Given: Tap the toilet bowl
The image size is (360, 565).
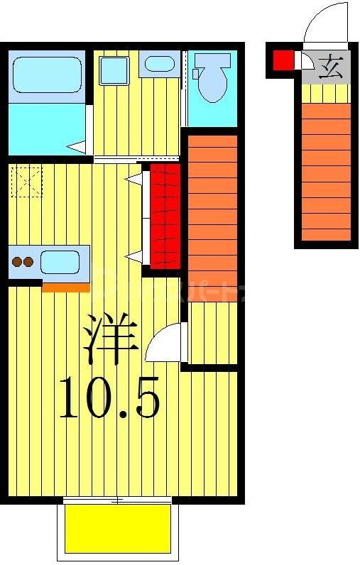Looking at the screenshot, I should (212, 83).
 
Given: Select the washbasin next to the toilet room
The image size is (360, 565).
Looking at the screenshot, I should (157, 65).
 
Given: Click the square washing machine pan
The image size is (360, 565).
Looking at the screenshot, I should (112, 70).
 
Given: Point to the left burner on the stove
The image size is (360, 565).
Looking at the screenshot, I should (16, 262).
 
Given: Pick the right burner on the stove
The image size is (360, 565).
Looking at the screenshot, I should (28, 262).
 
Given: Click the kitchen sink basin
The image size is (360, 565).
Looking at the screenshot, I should (59, 262).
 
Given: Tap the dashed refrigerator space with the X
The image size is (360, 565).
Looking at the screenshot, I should (28, 182).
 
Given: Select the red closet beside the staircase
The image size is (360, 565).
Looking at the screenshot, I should (165, 216).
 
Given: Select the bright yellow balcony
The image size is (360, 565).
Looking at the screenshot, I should (117, 528).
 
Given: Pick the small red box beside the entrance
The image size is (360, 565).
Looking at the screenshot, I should (283, 61).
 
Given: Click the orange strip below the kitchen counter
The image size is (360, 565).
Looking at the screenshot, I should (65, 287).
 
